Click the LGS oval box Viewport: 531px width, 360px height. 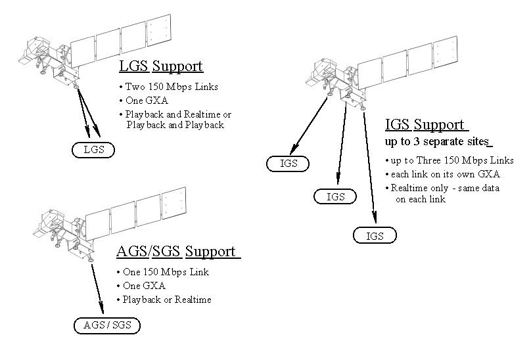coord(93,150)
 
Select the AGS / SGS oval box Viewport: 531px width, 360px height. coord(106,325)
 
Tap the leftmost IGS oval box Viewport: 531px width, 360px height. coord(289,163)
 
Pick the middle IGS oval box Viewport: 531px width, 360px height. coord(335,196)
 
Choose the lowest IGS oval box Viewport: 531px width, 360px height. coord(375,236)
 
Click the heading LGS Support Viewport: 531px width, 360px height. coord(160,66)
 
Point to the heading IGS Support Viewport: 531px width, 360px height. coord(425,125)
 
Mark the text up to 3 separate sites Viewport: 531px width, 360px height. coord(437,142)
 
